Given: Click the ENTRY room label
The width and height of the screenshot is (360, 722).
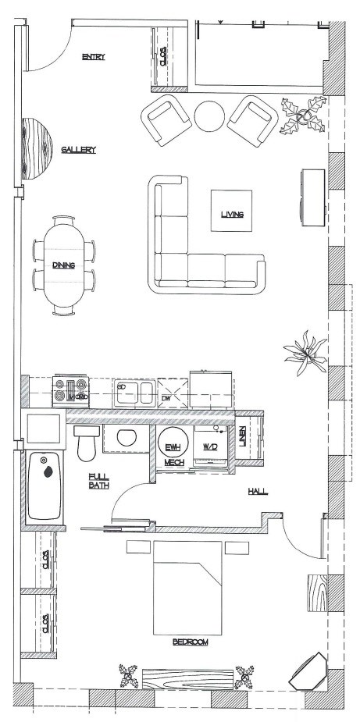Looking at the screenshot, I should point(93,56).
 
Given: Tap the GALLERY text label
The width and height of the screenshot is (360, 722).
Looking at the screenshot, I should point(79,150).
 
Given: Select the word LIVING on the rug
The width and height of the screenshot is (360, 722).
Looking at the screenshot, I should point(232,214).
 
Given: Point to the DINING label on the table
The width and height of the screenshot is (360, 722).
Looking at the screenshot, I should point(63,265).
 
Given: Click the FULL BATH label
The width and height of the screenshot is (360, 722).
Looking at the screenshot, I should point(98,481).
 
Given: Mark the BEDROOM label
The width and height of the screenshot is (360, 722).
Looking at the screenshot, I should point(191,642).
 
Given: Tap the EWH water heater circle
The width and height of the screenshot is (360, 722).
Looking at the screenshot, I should point(173,446).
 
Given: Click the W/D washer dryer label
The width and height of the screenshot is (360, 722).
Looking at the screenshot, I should point(210,446).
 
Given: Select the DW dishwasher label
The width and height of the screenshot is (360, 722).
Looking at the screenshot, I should point(166,398).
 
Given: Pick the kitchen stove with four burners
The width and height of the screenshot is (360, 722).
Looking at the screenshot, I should point(70,389).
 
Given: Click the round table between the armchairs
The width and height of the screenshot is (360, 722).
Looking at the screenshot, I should point(209,116).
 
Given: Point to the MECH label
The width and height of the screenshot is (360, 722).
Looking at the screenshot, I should point(173,463).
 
